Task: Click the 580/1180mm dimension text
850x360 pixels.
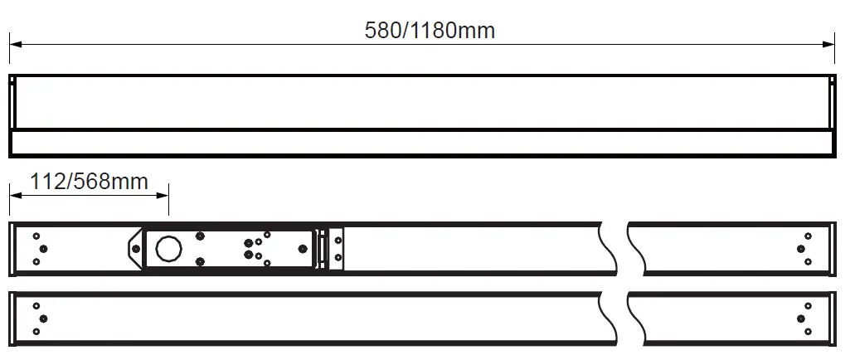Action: [430, 31]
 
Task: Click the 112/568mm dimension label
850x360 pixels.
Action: [89, 181]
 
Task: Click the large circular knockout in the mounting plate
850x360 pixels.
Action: [169, 248]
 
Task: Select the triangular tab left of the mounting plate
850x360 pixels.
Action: [135, 248]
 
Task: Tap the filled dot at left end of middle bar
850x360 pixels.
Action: [43, 248]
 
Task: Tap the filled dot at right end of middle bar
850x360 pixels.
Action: [801, 248]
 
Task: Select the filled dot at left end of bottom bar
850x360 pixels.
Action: [43, 319]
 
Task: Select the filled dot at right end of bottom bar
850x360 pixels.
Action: [801, 319]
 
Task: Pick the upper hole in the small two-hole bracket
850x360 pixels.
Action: [338, 240]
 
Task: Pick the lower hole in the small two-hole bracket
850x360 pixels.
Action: [338, 257]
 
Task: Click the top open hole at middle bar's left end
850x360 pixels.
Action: [36, 236]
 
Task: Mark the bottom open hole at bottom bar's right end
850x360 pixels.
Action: [808, 332]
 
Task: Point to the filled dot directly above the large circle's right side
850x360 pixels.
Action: [200, 236]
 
